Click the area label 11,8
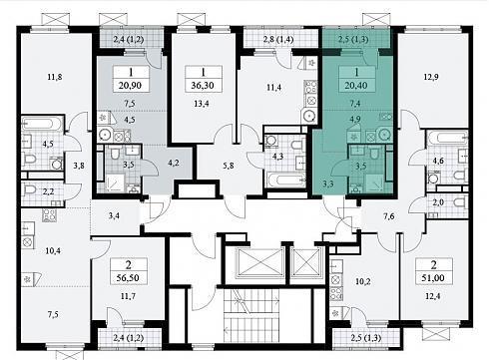55,77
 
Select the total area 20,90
130,86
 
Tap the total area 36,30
203,86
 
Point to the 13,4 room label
202,104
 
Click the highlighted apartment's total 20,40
356,86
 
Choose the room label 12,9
431,77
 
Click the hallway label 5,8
229,166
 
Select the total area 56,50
128,277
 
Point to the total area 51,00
433,277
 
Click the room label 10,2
363,281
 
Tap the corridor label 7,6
388,216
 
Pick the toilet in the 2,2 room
30,190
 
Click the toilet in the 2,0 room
460,201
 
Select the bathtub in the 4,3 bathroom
286,180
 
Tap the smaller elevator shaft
305,261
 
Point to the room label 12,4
433,296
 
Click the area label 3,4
114,216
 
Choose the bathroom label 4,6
439,161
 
